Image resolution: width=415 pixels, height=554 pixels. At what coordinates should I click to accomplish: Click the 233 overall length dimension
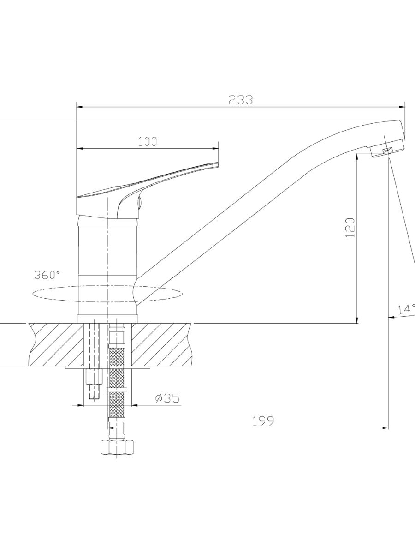pyautogui.click(x=240, y=100)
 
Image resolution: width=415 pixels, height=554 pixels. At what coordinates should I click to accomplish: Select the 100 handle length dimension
pyautogui.click(x=148, y=142)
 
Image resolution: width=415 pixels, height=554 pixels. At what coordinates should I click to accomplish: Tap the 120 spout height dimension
pyautogui.click(x=350, y=227)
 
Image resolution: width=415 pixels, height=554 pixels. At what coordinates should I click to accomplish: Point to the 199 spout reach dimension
pyautogui.click(x=263, y=421)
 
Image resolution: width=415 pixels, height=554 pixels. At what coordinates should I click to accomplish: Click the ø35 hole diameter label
pyautogui.click(x=167, y=398)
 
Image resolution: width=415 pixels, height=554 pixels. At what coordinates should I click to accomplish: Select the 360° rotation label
pyautogui.click(x=47, y=275)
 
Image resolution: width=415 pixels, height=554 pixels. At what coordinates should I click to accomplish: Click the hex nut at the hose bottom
pyautogui.click(x=117, y=447)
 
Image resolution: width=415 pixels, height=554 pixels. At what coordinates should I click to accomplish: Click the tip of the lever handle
pyautogui.click(x=217, y=164)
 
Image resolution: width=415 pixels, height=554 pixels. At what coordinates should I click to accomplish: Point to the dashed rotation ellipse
pyautogui.click(x=107, y=294)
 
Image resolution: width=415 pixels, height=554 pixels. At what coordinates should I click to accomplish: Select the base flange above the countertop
pyautogui.click(x=107, y=319)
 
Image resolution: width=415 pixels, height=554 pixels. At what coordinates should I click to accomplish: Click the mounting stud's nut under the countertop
pyautogui.click(x=94, y=377)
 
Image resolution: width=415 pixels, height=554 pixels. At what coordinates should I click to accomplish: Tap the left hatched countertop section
pyautogui.click(x=56, y=344)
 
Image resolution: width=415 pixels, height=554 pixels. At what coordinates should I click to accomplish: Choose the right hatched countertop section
pyautogui.click(x=161, y=344)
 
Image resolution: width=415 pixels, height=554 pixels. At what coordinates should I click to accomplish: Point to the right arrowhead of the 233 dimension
pyautogui.click(x=401, y=107)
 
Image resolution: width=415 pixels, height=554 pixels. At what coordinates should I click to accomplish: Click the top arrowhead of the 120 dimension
pyautogui.click(x=357, y=157)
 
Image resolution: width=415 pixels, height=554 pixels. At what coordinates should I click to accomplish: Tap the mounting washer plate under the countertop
pyautogui.click(x=107, y=367)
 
